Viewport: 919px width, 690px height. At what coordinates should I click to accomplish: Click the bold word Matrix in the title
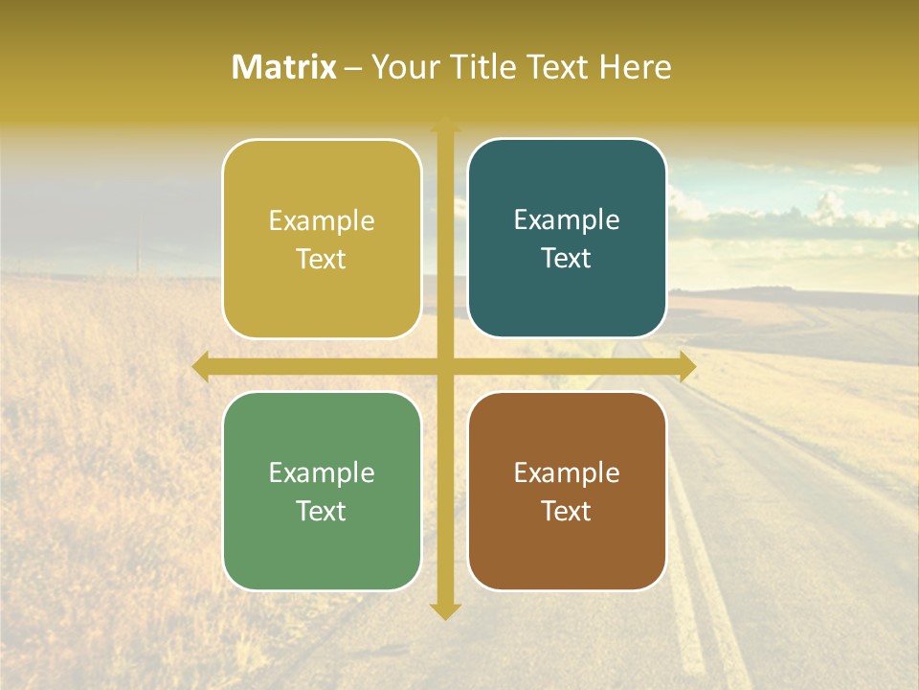coord(284,67)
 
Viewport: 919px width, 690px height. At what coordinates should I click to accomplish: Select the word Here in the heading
coord(636,67)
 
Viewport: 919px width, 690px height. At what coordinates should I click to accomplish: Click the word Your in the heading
coord(403,67)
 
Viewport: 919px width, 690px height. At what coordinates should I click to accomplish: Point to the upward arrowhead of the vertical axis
coord(445,124)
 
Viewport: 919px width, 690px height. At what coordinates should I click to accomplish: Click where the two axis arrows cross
coord(445,366)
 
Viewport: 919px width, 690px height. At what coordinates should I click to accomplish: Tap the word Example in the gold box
coord(322,220)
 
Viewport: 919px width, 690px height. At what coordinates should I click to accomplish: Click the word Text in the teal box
coord(567,259)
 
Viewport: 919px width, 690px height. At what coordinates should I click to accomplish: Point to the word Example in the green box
coord(322,472)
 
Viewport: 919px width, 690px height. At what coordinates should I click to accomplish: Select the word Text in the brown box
coord(567,511)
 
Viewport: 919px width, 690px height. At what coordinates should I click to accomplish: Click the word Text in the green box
coord(322,511)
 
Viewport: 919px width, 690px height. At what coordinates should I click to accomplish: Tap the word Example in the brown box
coord(567,472)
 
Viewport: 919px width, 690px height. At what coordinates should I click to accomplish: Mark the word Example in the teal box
coord(567,219)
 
